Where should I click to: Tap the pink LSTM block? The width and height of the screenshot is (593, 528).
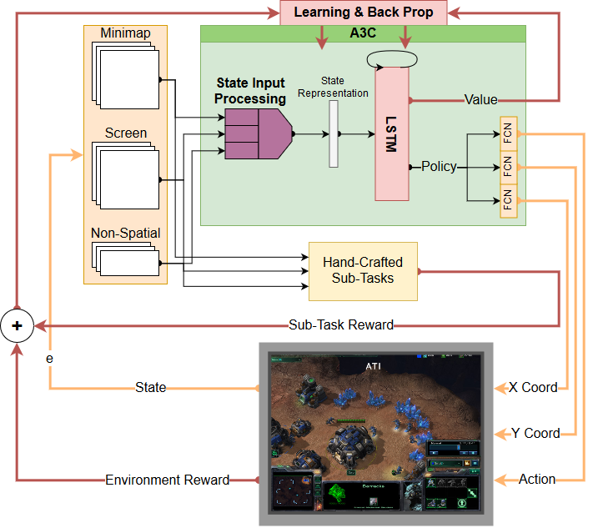(391, 133)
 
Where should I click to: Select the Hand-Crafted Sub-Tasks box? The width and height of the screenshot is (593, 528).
(363, 271)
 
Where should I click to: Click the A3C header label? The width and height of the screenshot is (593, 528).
(363, 34)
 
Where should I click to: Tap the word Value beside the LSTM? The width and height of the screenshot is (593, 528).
(480, 100)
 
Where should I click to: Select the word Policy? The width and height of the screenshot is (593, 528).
(439, 167)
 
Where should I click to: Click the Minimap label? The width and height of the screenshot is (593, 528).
(125, 33)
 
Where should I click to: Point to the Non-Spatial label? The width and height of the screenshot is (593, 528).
(126, 234)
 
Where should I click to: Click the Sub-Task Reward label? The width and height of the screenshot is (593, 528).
(341, 325)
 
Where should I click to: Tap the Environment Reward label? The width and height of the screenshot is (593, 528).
(167, 480)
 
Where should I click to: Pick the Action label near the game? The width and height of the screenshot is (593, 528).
(537, 479)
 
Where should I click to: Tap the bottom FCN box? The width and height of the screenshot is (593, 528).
(508, 200)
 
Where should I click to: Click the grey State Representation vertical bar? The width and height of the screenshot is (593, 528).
(334, 133)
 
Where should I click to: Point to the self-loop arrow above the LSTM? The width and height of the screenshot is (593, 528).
(390, 58)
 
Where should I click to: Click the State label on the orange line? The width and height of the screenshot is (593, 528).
(151, 387)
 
